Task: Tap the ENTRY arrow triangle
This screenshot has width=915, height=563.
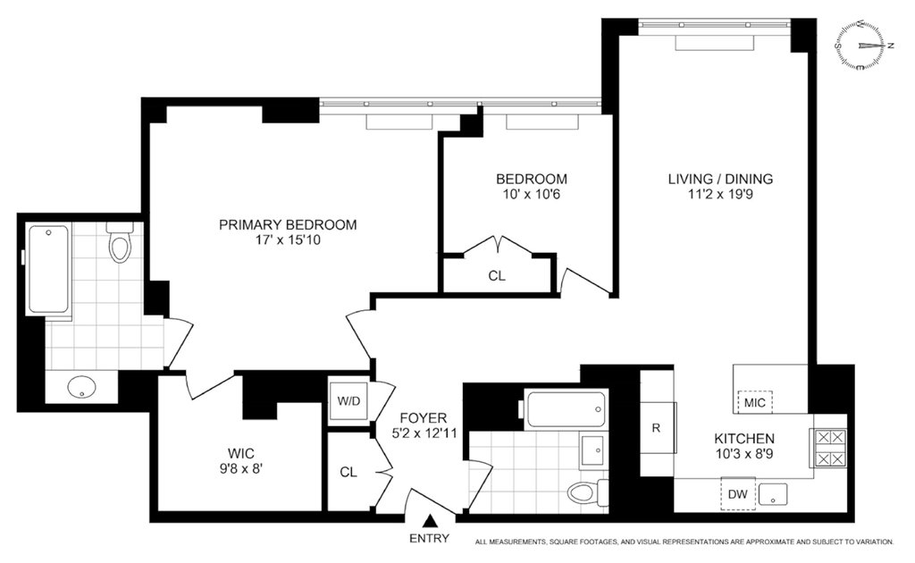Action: click(x=430, y=521)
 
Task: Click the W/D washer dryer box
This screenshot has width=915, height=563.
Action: click(x=349, y=401)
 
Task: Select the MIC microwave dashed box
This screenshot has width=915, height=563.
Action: click(x=755, y=402)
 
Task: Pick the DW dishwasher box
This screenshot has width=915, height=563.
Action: click(x=737, y=494)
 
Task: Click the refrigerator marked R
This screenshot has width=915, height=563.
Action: click(x=657, y=428)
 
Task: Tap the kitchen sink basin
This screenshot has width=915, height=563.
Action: click(x=773, y=494)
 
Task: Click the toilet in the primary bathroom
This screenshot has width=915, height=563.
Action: click(x=121, y=241)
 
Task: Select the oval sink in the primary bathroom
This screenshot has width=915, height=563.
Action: click(x=81, y=386)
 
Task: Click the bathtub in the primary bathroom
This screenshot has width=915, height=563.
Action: click(x=49, y=270)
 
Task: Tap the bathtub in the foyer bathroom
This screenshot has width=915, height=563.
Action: click(x=566, y=409)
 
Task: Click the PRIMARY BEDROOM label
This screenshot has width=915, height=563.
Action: click(x=288, y=224)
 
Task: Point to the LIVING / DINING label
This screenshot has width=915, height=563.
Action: click(x=721, y=179)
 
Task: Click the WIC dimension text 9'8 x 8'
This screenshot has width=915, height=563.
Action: click(x=241, y=468)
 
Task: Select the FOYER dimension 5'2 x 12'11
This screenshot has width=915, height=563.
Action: click(x=424, y=433)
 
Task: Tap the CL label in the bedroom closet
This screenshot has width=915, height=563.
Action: click(x=497, y=275)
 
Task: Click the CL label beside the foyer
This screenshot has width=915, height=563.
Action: click(x=348, y=472)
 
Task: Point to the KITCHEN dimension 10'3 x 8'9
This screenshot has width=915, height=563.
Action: click(x=744, y=453)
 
